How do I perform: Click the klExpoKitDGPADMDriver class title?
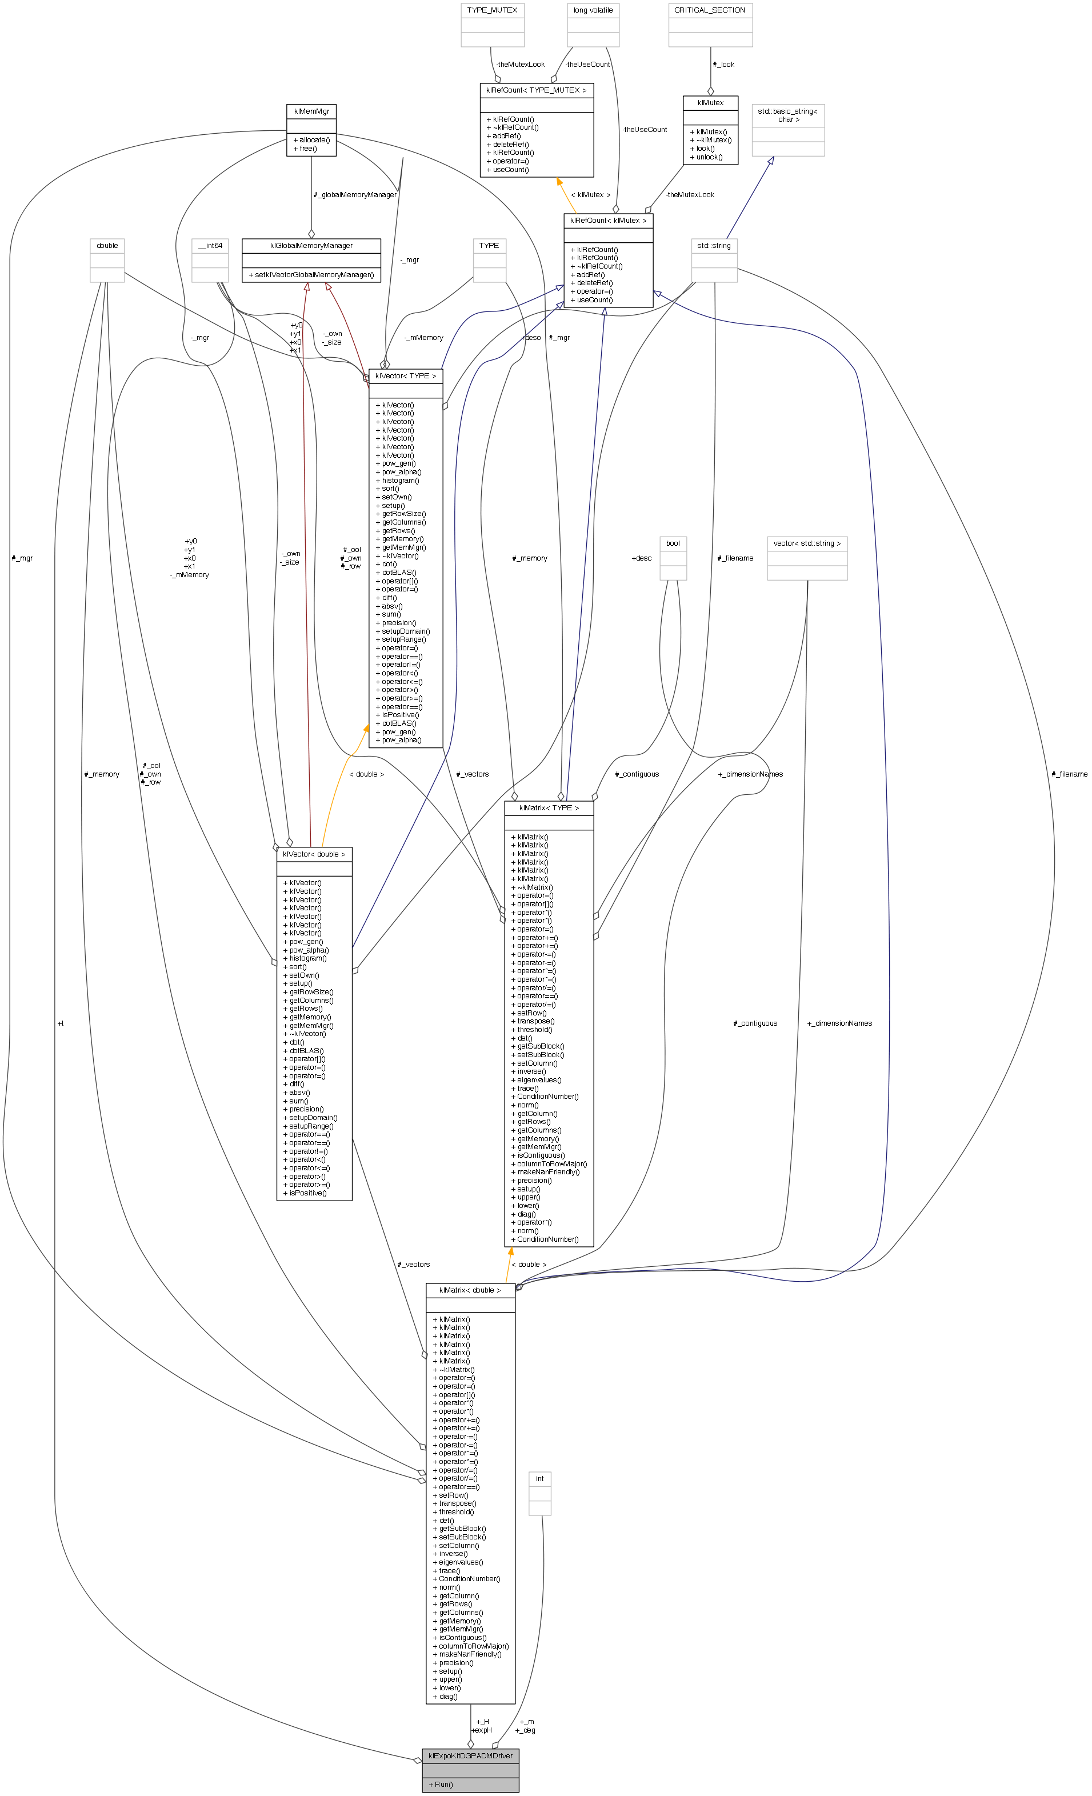coord(470,1756)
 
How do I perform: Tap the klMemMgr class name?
coord(311,111)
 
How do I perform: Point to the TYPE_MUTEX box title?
coord(492,10)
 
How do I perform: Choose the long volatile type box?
coord(593,10)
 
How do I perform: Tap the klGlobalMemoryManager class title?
coord(311,246)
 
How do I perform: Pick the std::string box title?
coord(714,246)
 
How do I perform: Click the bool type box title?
coord(673,543)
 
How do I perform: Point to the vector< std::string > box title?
coord(807,543)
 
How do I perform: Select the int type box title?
coord(540,1479)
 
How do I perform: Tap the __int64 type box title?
coord(210,246)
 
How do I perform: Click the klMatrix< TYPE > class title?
coord(549,807)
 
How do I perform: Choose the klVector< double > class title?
coord(314,854)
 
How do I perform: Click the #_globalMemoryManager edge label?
coord(355,195)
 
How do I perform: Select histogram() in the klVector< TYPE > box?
coord(400,481)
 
